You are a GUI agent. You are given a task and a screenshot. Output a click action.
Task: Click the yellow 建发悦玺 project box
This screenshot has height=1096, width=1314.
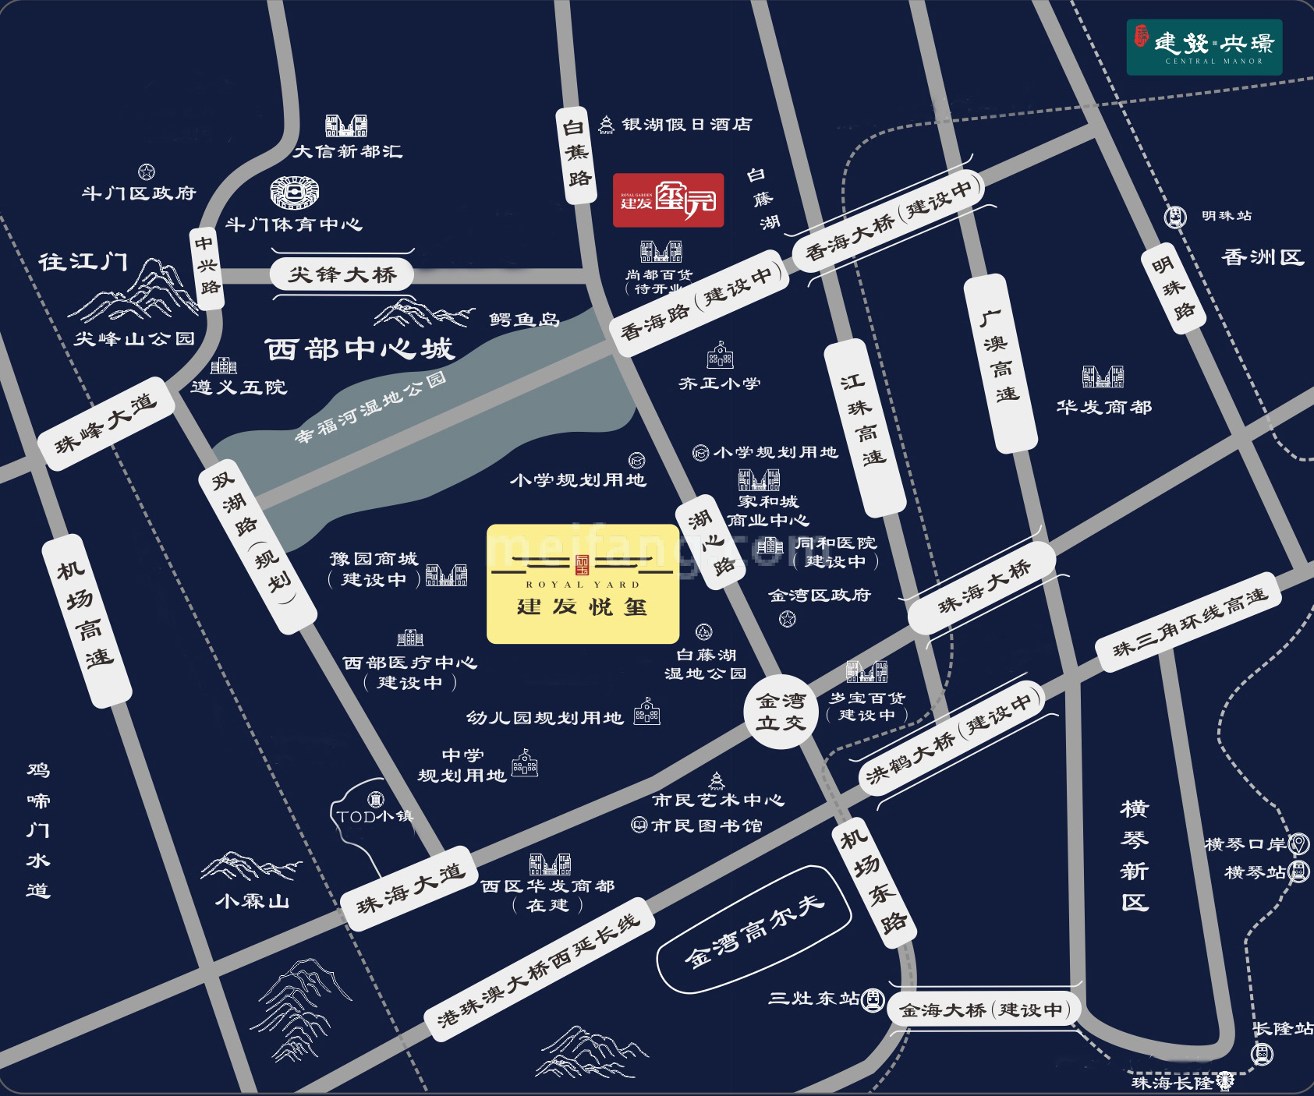583,584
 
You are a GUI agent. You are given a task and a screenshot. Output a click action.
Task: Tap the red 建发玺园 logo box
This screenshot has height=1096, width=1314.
668,200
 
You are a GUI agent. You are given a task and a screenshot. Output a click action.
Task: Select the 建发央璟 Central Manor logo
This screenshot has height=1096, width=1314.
1204,47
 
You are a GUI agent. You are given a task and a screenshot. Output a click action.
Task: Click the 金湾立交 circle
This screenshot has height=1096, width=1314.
781,712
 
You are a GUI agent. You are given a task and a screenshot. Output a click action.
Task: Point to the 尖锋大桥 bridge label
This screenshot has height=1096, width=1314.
342,274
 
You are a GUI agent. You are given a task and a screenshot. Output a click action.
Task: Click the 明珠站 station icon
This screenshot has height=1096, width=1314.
1174,217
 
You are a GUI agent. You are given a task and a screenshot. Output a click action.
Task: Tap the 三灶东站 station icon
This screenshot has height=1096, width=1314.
873,998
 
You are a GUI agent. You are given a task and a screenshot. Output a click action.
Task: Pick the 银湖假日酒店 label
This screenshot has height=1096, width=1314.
686,124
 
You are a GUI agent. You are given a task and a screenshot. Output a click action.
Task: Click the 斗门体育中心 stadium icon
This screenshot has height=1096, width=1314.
295,192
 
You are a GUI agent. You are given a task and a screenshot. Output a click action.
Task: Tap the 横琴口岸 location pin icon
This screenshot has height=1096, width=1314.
1298,843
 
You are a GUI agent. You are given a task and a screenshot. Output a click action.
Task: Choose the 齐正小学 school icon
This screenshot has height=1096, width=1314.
720,355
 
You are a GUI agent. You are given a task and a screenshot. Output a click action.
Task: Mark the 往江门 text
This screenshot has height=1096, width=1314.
83,261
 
